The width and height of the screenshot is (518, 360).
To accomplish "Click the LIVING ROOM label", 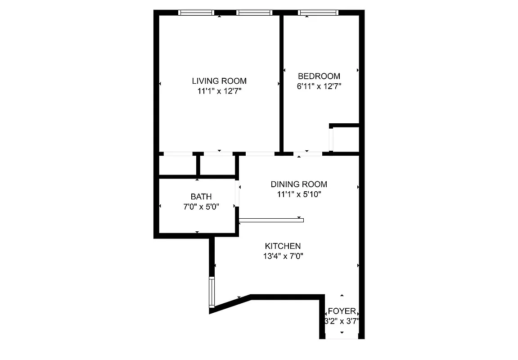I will click(x=219, y=81).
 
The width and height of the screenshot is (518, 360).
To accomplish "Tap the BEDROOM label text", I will click(x=319, y=76).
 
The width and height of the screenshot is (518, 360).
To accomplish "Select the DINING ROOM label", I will click(x=299, y=184).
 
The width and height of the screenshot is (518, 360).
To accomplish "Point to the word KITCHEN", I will click(x=283, y=246).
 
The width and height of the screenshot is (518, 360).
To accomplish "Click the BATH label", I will click(x=201, y=197).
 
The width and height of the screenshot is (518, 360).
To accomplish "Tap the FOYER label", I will click(x=342, y=311).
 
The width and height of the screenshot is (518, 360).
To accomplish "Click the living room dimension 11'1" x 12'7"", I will click(x=219, y=91).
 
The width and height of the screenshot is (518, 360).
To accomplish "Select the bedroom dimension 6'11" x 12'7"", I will click(x=319, y=86).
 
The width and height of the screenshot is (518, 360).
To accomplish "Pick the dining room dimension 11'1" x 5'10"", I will click(x=299, y=194).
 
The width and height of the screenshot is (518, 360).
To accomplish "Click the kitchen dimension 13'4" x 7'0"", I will click(x=283, y=256).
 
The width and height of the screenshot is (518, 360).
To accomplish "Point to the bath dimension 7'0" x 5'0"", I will click(x=201, y=207).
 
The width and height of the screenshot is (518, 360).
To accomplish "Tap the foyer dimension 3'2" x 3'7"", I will click(x=342, y=321).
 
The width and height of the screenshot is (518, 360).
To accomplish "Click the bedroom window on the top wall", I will click(x=318, y=13).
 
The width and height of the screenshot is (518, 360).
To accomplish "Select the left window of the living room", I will click(x=196, y=13).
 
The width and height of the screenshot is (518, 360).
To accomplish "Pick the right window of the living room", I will click(x=254, y=13).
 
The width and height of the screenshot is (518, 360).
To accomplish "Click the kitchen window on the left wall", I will click(x=212, y=292).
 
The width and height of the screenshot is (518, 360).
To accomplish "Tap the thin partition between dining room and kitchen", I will click(x=271, y=220).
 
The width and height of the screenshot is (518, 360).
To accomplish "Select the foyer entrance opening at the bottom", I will click(x=342, y=337).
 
